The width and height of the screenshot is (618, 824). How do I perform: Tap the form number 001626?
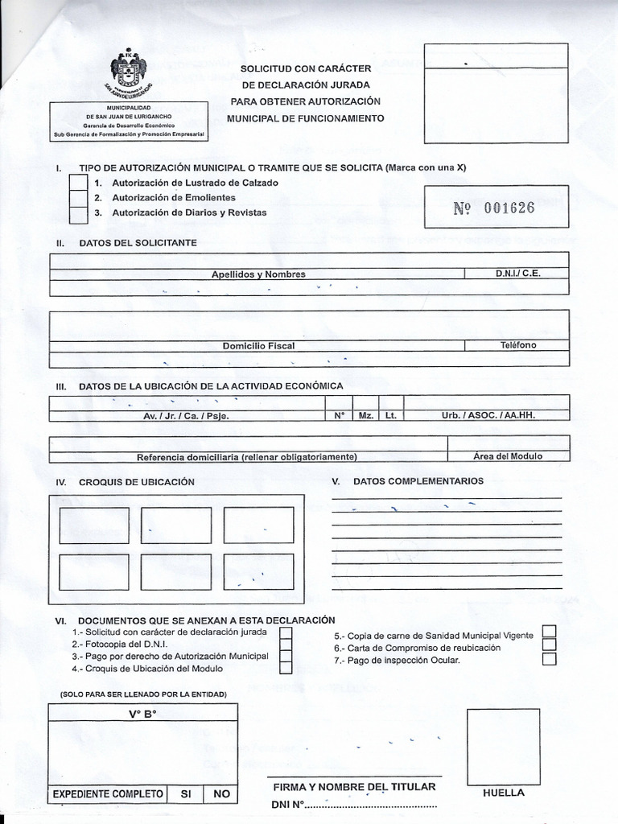tap(494, 208)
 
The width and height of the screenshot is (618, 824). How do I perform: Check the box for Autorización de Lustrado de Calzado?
tap(78, 183)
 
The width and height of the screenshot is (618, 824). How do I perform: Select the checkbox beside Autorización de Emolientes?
tap(78, 198)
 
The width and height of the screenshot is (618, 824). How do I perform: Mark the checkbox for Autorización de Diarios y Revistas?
tap(78, 214)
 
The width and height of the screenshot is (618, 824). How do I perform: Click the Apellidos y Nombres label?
tap(258, 274)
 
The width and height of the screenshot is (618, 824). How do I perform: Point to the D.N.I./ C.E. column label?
tap(517, 274)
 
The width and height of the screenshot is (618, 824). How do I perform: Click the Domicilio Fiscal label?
tap(258, 346)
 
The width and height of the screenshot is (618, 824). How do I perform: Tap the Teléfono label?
tap(517, 345)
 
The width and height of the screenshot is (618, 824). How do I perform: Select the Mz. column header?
tap(366, 416)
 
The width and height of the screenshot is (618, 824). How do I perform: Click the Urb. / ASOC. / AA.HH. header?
tap(488, 416)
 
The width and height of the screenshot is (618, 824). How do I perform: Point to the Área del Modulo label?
tap(508, 456)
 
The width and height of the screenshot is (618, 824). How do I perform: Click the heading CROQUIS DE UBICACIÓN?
tap(137, 482)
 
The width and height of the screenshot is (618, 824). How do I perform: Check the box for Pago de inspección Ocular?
tap(550, 660)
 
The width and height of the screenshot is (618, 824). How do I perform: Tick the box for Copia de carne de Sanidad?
tap(550, 631)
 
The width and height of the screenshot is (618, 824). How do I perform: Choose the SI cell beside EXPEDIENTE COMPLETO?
tap(185, 794)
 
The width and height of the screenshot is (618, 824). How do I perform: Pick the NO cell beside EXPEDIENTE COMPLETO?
tap(221, 794)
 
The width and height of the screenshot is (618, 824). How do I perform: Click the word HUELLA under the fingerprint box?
tap(504, 793)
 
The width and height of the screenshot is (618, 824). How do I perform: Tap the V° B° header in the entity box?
tap(142, 714)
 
